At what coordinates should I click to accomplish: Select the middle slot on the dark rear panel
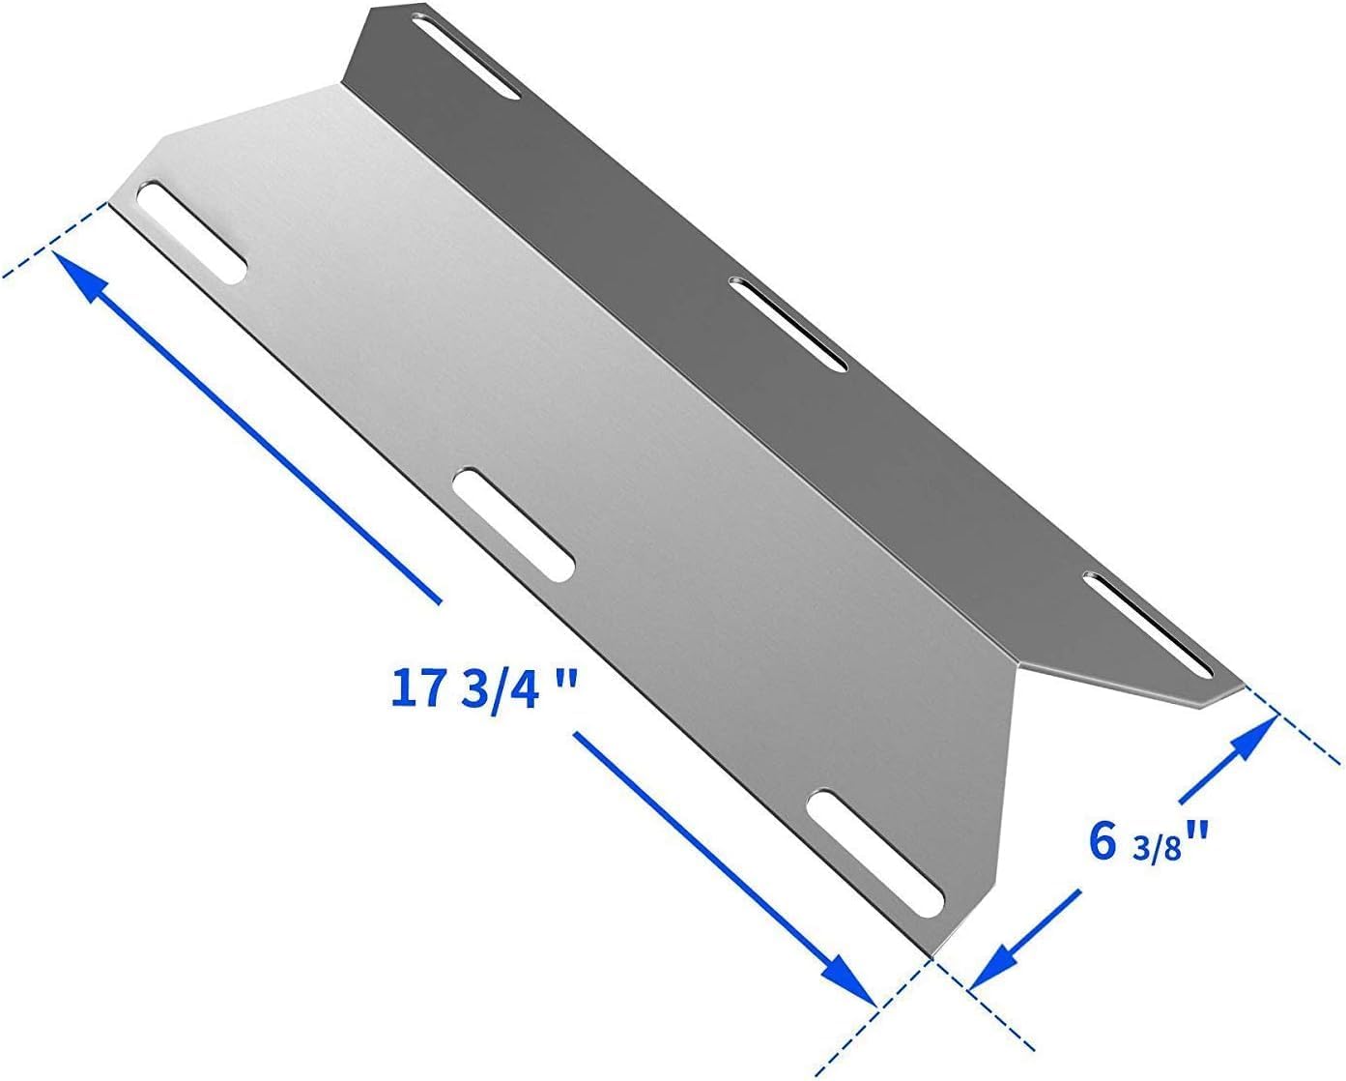tap(787, 323)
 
